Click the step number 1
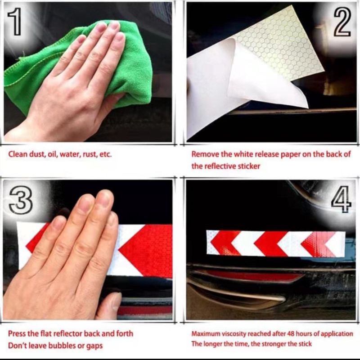tap(15, 21)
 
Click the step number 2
tap(342, 22)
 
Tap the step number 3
tap(20, 200)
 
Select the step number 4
tap(342, 199)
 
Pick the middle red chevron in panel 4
tap(270, 244)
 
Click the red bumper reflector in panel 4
tap(252, 275)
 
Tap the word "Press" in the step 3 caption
tap(17, 333)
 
